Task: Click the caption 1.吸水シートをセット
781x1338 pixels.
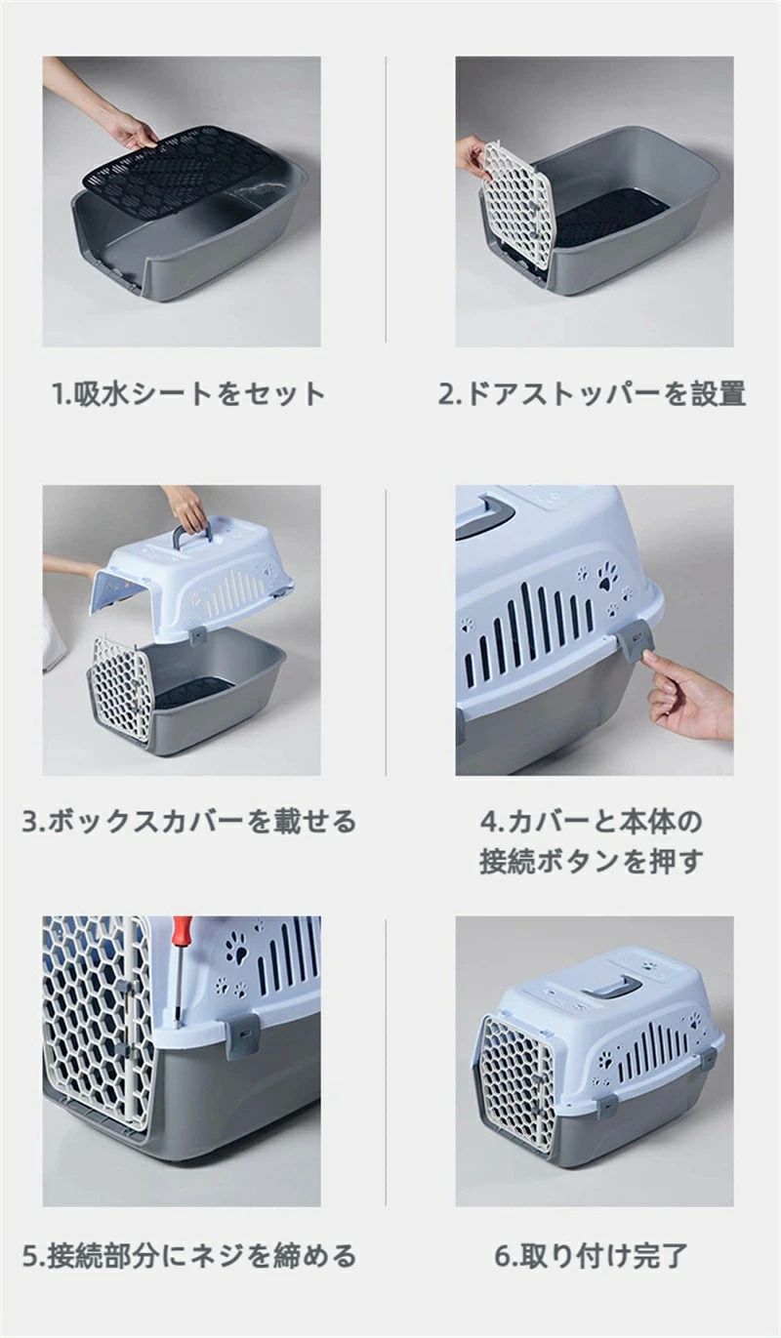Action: click(188, 393)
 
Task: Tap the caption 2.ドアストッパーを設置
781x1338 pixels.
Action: click(593, 393)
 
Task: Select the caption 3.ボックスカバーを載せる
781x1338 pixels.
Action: click(188, 822)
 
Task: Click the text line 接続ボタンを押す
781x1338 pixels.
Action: click(592, 862)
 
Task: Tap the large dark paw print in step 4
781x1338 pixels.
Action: click(608, 577)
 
